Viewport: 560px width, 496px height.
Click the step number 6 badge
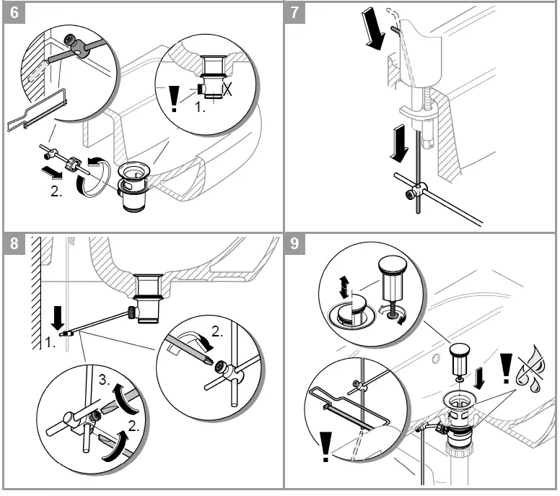click(x=14, y=13)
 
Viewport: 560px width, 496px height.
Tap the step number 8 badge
click(x=14, y=244)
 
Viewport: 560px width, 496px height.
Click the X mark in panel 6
click(x=228, y=90)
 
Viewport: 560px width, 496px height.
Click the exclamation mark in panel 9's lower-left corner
click(x=325, y=446)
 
